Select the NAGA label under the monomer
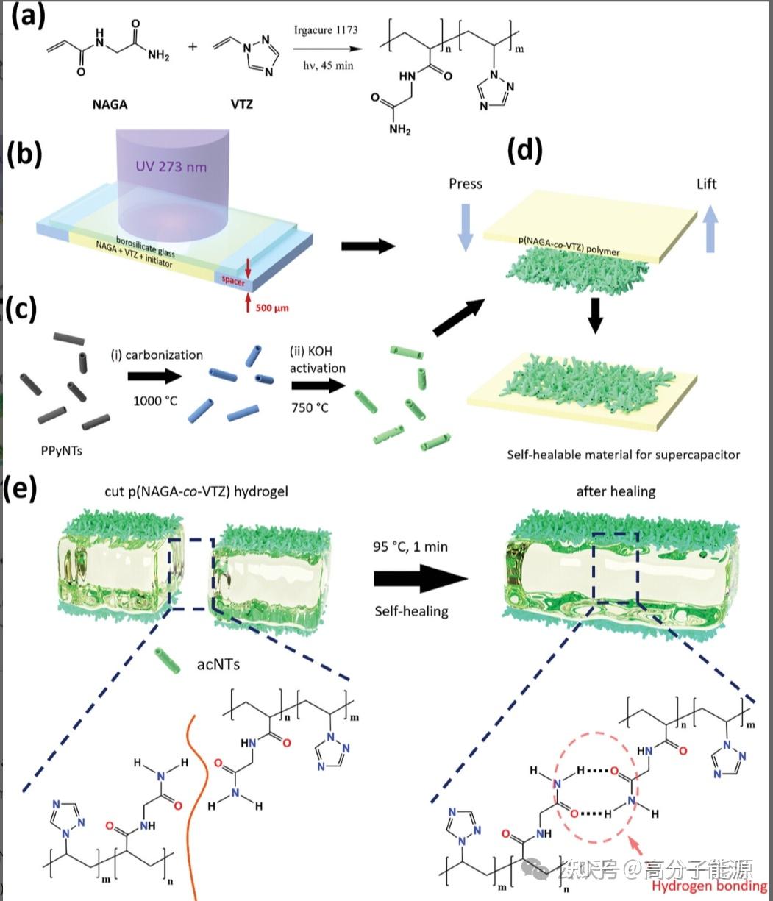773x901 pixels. point(110,104)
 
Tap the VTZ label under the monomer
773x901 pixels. point(242,104)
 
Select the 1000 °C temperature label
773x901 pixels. point(156,402)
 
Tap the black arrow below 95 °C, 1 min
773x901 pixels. point(420,580)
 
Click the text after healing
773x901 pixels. point(615,491)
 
